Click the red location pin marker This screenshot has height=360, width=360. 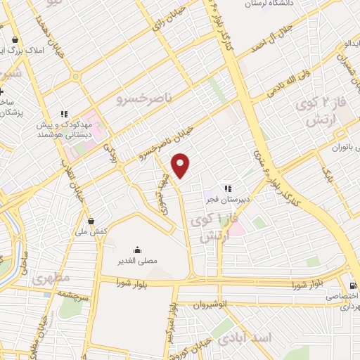click(x=181, y=165)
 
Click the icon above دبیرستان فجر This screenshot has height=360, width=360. click(x=227, y=188)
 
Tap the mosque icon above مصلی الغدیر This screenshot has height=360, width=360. click(x=137, y=250)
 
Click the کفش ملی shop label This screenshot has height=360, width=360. click(x=92, y=231)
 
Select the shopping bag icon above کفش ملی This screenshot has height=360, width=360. click(x=91, y=221)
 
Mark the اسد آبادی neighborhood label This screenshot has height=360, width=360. click(x=245, y=338)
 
